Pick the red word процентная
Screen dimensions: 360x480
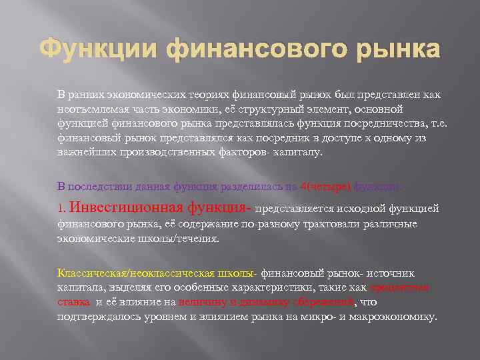pyautogui.click(x=399, y=287)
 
